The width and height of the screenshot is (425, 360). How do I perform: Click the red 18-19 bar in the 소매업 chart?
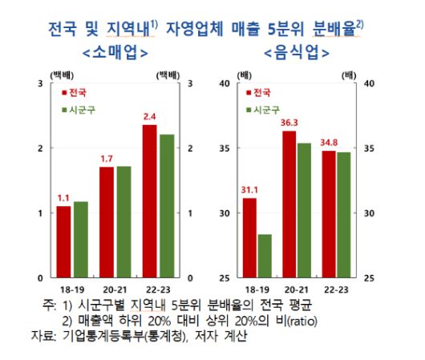[63, 241]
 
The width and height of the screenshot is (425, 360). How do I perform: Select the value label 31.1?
[250, 189]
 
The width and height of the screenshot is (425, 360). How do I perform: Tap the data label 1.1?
[64, 197]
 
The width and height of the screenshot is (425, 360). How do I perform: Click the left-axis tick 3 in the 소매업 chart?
[40, 83]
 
